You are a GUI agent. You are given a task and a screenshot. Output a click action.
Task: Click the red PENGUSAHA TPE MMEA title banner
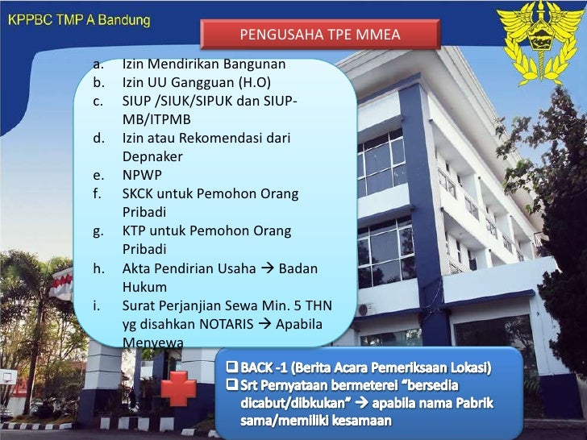[x=320, y=35]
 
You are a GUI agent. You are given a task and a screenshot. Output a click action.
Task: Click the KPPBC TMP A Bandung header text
[x=78, y=20]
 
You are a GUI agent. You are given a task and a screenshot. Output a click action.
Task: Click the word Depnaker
[x=152, y=156]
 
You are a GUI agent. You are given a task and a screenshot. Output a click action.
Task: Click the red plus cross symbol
[x=178, y=389]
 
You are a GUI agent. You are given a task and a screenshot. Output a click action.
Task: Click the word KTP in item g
[x=135, y=230]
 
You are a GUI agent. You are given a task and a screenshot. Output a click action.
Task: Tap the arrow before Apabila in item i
[x=264, y=324]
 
